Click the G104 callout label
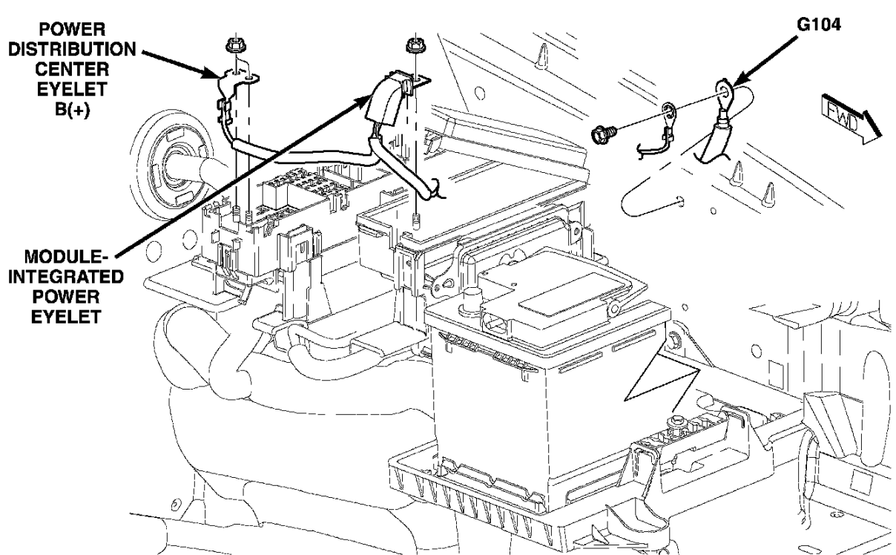(x=818, y=25)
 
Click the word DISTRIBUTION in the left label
(x=72, y=50)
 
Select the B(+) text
(x=72, y=109)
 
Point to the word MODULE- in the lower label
(x=66, y=257)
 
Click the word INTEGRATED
(x=66, y=277)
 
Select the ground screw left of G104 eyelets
(x=603, y=134)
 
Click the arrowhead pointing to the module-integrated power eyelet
(x=361, y=103)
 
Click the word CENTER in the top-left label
(x=72, y=70)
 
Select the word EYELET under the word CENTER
(x=72, y=89)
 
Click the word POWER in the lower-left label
(x=66, y=297)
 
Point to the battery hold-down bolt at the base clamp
(x=676, y=421)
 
